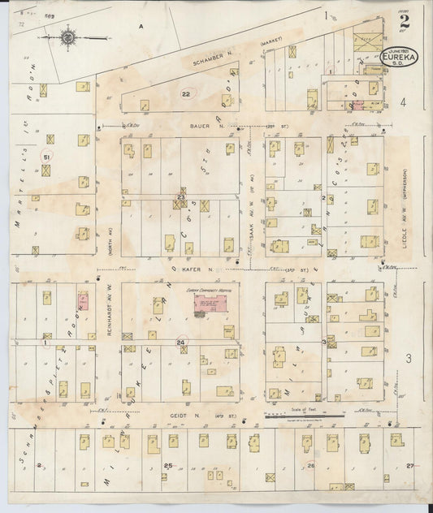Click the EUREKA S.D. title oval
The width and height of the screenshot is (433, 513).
point(400,58)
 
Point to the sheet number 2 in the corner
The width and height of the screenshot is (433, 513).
point(404,22)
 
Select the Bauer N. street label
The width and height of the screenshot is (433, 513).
point(212,126)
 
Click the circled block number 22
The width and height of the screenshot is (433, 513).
point(186,95)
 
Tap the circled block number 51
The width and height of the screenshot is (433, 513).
point(47,156)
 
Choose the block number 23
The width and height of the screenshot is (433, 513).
point(182,196)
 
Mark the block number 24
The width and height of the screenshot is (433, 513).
point(182,343)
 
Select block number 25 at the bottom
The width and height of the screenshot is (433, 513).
point(168,465)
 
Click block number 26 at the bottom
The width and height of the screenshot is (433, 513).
point(310,465)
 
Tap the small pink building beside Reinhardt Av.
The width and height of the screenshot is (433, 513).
point(83,300)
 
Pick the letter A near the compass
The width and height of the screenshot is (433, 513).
point(140,27)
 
